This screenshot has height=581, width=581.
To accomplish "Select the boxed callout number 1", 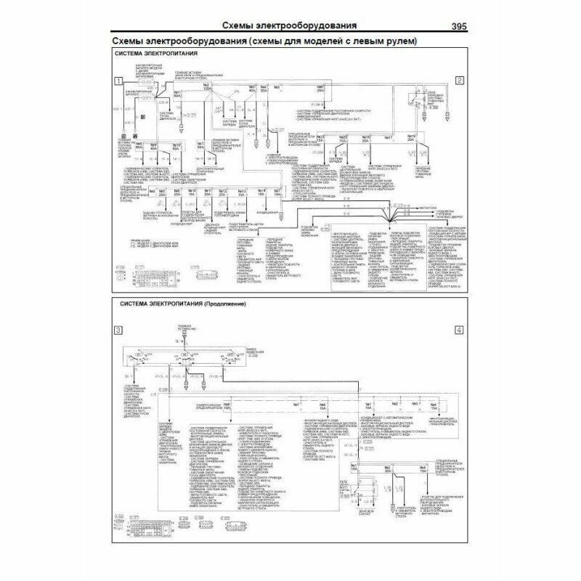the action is click(x=118, y=81).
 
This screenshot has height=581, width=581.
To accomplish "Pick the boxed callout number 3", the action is click(x=118, y=331).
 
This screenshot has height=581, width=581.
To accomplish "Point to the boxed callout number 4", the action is click(x=459, y=331).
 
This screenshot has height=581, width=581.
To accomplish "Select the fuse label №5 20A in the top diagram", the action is click(x=320, y=90).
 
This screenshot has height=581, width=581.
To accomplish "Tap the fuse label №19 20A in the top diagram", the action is click(x=412, y=138).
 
